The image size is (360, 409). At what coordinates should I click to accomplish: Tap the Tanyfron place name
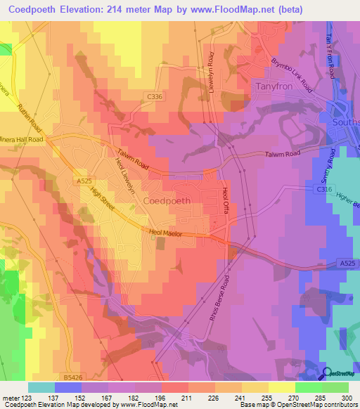(x=275, y=88)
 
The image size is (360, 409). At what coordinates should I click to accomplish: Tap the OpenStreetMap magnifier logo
(x=328, y=374)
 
